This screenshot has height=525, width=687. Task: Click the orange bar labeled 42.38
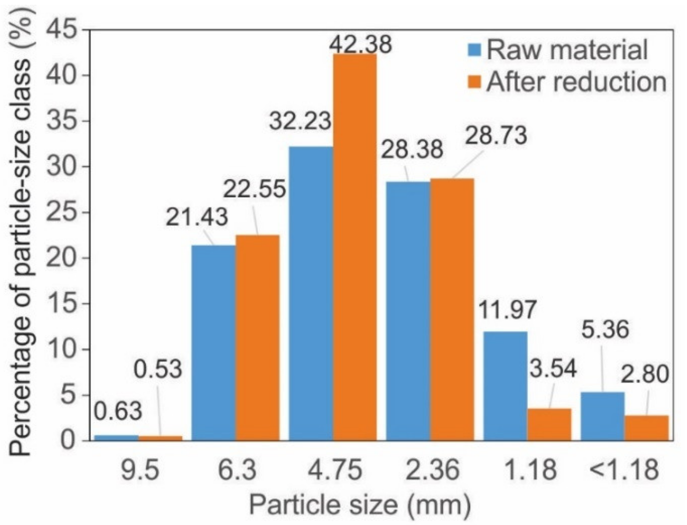pos(355,247)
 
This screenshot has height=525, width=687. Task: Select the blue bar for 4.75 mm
pos(311,293)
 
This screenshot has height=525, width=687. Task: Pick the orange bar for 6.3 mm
pos(257,337)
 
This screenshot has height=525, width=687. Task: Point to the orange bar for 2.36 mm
pos(452,309)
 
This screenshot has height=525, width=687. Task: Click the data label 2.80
pos(644,375)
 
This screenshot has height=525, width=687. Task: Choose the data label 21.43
pos(196,217)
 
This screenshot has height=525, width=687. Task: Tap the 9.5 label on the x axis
pos(140,470)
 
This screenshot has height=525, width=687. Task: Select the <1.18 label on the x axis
pos(624,470)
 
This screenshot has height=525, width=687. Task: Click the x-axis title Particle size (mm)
pos(360,504)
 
